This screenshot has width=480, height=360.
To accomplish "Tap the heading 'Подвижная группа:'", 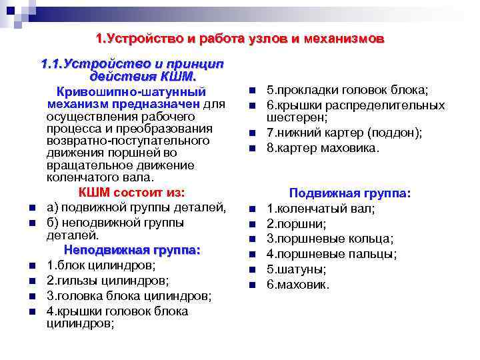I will pos(350,193).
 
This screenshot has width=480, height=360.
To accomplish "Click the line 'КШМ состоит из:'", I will pos(132,193).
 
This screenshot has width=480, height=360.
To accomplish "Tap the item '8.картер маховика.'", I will pos(323,147).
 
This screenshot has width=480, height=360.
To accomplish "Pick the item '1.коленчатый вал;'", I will pos(321,208).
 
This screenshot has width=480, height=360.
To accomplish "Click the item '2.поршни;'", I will pos(297,223).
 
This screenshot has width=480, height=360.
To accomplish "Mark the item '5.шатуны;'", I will pos(297,269).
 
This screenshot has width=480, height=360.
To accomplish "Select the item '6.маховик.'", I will pos(298,285).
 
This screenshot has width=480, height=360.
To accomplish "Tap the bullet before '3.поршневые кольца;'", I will pos(253,239).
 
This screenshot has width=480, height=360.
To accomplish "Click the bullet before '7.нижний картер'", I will pos(253,133).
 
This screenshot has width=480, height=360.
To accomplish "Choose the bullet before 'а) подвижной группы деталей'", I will pos(32,208).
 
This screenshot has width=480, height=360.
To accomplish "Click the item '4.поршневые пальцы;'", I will pos(331,254).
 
